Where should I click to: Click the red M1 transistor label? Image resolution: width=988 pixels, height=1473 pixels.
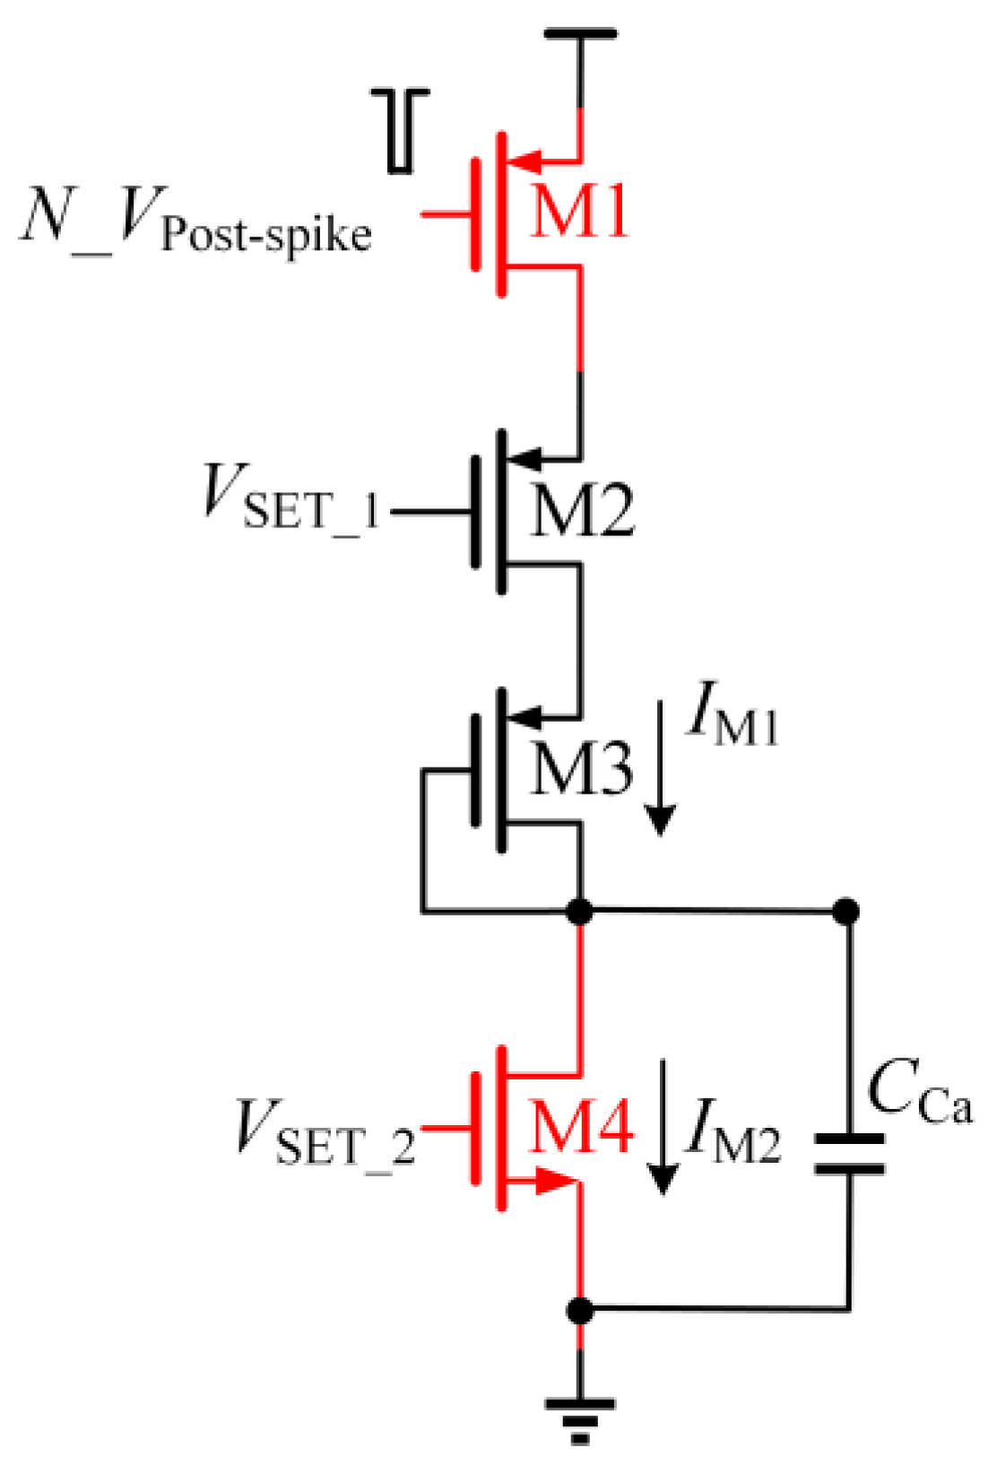pos(579,213)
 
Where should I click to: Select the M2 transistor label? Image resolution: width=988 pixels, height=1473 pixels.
pos(581,511)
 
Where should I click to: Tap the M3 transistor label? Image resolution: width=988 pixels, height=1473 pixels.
pos(581,768)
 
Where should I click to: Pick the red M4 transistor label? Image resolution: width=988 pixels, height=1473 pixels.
pos(581,1126)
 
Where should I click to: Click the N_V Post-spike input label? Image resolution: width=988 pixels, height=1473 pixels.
pos(195,221)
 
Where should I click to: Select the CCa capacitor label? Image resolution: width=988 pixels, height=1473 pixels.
pos(919,1094)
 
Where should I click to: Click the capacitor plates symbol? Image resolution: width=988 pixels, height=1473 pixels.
pos(849,1154)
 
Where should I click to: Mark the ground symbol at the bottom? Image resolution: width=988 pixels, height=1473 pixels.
pos(580,1417)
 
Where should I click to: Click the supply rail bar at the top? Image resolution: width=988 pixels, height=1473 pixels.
pos(580,34)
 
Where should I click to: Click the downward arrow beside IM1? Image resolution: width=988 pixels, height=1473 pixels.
pos(661,771)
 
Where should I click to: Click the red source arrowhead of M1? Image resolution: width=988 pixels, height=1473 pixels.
pos(527,162)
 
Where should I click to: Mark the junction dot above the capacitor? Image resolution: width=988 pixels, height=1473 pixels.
pos(846,912)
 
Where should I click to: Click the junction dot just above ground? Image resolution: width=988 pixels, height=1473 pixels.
pos(580,1311)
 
